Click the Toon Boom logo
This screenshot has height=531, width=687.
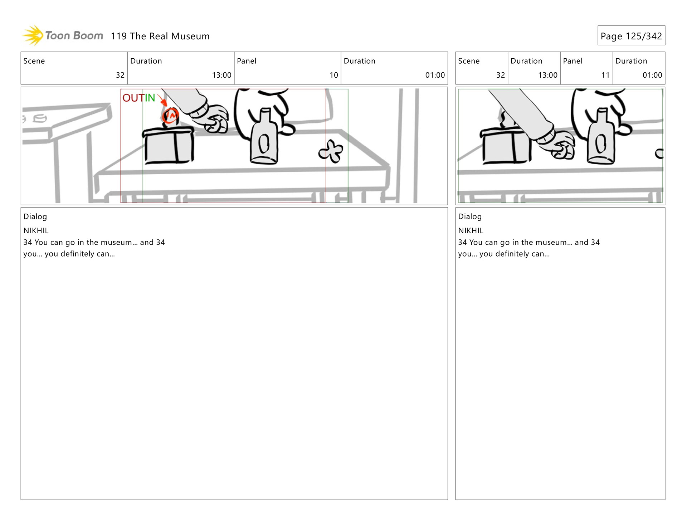pos(63,35)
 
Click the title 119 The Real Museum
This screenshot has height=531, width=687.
pos(160,36)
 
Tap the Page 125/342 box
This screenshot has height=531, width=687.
pos(631,35)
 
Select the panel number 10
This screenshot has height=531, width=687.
pos(333,75)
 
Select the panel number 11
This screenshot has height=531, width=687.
pos(605,75)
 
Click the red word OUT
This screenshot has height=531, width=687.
pos(133,98)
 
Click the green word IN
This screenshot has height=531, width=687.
pos(149,98)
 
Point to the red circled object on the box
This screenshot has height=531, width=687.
pos(170,115)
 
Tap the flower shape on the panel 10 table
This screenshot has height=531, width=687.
pos(331,151)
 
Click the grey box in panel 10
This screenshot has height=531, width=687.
pos(168,145)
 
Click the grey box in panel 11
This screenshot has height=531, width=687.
pos(505,145)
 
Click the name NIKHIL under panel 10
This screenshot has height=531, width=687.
pos(36,231)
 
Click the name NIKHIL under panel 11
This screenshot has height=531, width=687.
pos(471,231)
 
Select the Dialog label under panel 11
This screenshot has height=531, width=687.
pos(470,216)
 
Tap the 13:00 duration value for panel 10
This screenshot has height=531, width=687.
pos(221,75)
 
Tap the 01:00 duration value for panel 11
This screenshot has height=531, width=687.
pos(652,75)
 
